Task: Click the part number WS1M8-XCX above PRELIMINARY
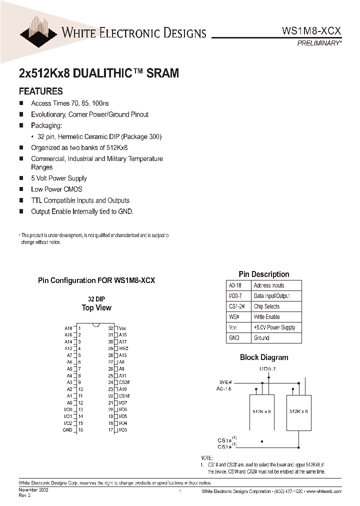(x=311, y=30)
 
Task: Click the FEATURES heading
(x=40, y=91)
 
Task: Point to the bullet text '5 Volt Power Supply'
(x=58, y=178)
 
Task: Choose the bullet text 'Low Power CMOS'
(x=56, y=189)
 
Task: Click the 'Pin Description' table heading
(x=263, y=274)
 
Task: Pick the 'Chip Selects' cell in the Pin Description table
(x=266, y=306)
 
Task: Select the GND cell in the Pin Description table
(x=234, y=338)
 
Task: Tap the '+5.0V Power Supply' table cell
(x=274, y=327)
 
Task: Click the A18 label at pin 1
(x=68, y=328)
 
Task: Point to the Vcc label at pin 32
(x=122, y=328)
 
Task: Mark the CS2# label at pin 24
(x=124, y=382)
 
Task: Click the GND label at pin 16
(x=67, y=429)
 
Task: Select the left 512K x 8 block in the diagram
(x=261, y=411)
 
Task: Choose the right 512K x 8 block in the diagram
(x=298, y=411)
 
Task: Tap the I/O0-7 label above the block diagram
(x=267, y=369)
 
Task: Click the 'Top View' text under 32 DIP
(x=96, y=308)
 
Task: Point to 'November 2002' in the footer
(x=33, y=491)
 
